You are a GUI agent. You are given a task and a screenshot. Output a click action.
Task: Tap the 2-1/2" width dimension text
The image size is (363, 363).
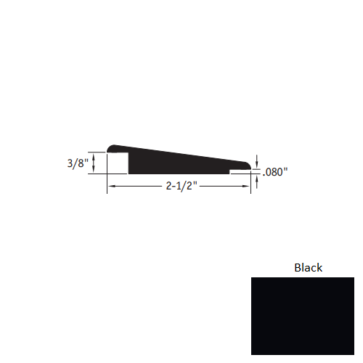[x=179, y=187]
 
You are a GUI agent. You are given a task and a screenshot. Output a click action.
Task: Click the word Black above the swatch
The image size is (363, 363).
[x=308, y=267]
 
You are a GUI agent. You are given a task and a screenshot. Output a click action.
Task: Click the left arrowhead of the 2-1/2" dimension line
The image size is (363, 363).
[x=111, y=187]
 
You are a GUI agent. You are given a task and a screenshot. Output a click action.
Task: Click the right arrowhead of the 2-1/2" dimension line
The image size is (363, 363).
[x=248, y=187]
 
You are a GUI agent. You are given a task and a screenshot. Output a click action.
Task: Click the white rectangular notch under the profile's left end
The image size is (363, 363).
[x=118, y=163]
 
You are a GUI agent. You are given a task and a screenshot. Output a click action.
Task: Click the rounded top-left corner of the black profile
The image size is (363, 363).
[x=110, y=147]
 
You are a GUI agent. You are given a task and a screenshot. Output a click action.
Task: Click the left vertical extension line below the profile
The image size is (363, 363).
[x=107, y=183]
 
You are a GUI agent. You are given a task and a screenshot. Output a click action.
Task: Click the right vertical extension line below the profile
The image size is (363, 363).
[x=251, y=183]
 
